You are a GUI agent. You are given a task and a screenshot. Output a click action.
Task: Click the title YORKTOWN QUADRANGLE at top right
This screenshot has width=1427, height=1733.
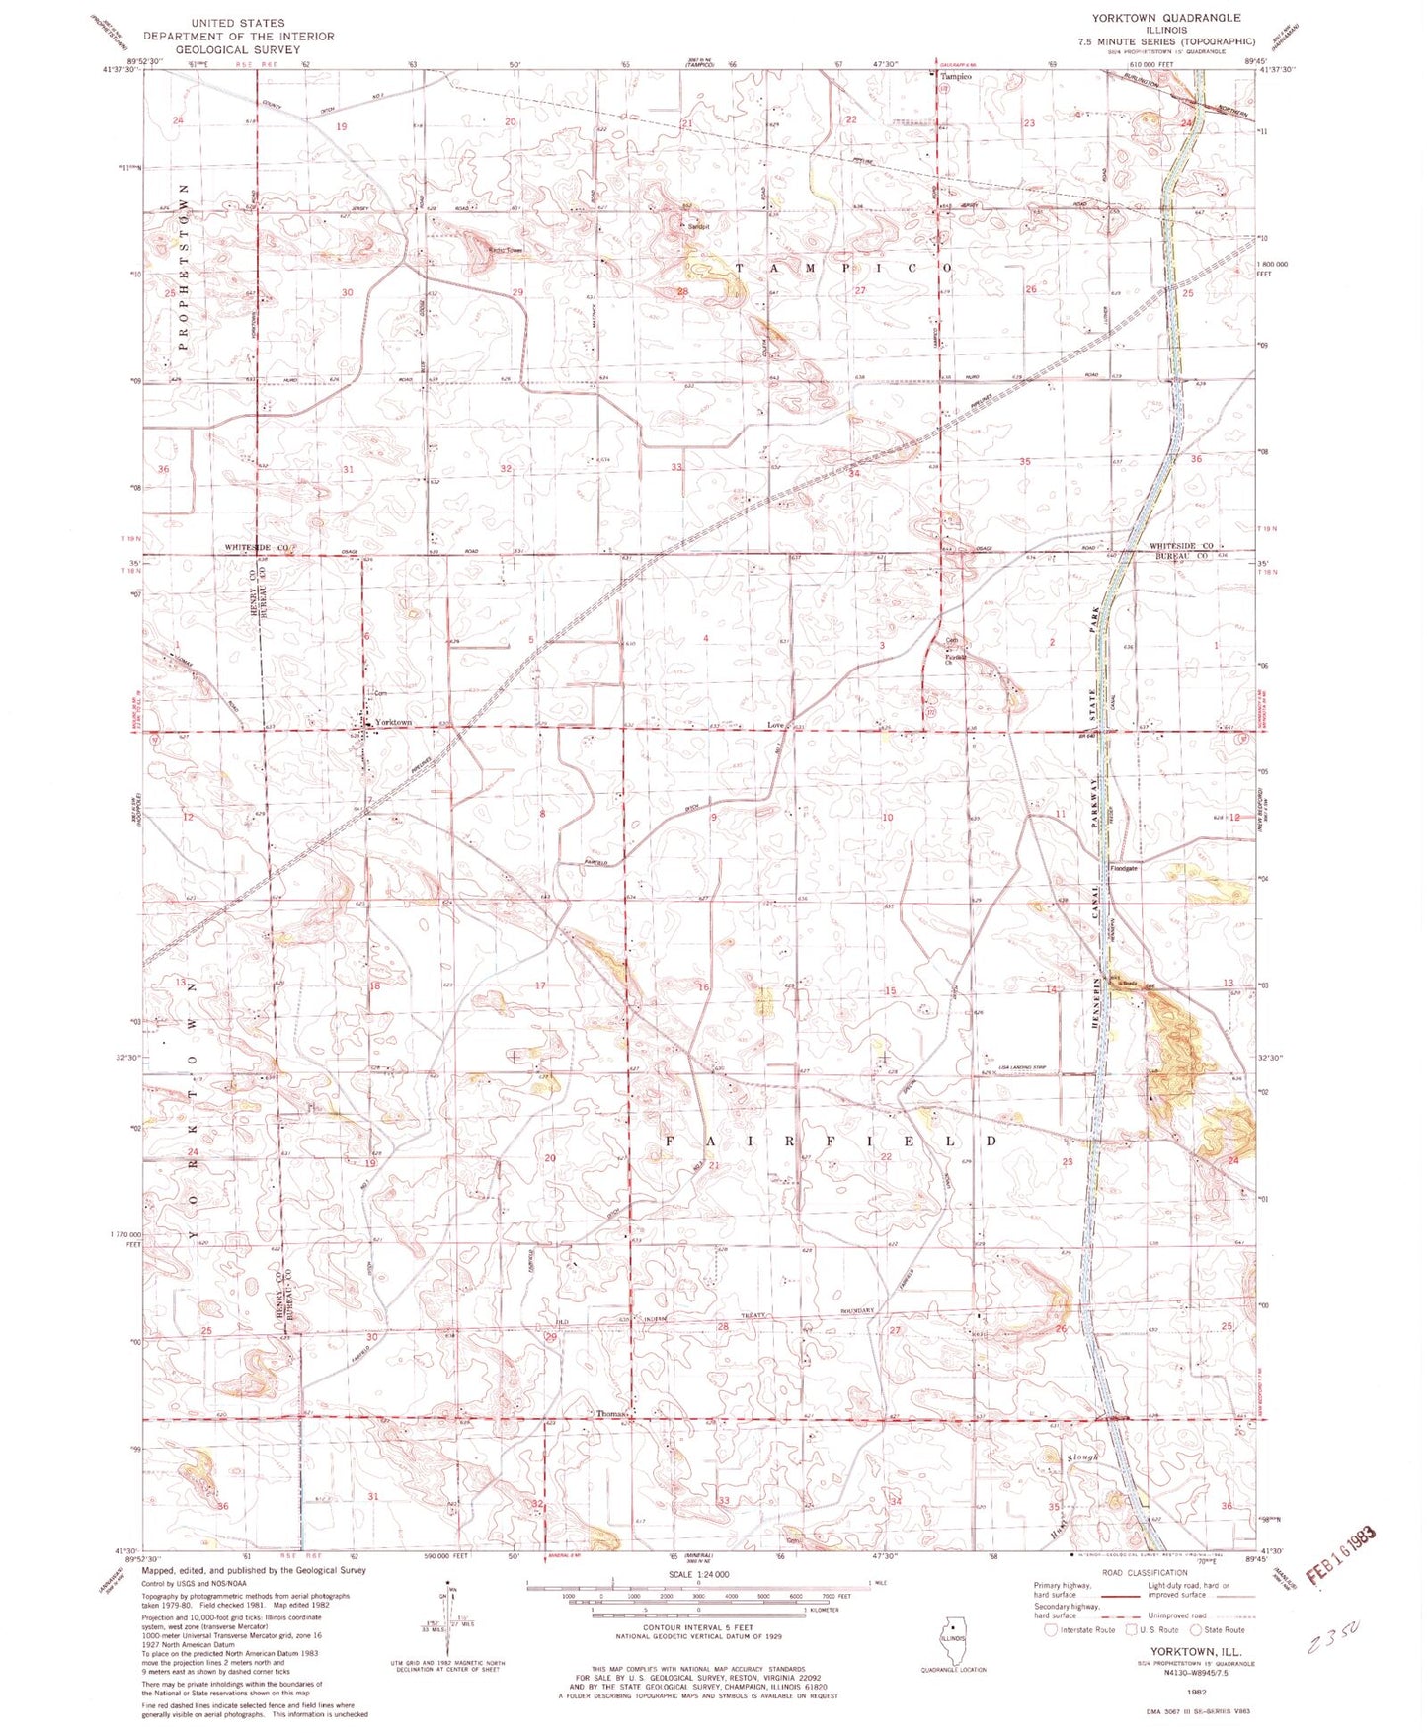click(1165, 18)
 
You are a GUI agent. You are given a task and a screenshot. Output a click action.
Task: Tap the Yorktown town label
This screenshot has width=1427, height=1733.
click(393, 723)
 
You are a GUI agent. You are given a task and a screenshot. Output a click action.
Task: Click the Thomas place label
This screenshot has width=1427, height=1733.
click(610, 1414)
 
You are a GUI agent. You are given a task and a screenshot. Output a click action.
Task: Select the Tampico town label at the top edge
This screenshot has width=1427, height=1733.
click(955, 76)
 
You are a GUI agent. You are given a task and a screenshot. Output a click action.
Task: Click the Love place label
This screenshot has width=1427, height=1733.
click(775, 725)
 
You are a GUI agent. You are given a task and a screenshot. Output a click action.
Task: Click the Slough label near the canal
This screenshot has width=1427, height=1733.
click(1082, 1457)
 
